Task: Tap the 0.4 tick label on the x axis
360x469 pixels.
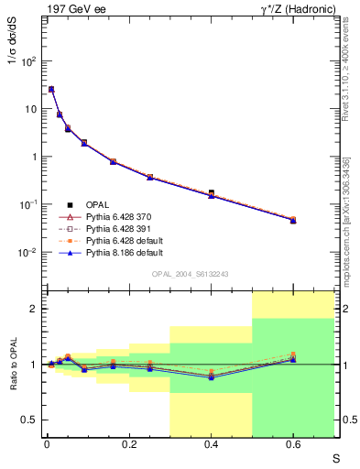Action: (x=211, y=444)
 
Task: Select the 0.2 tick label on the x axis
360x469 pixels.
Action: (x=128, y=444)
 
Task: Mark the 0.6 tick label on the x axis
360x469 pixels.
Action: (x=293, y=444)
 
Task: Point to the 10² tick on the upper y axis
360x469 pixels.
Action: (x=28, y=61)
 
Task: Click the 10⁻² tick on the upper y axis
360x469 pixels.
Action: (x=28, y=252)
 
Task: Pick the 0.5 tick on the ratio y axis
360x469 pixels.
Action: (x=30, y=420)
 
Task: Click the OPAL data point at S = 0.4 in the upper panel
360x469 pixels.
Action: (x=212, y=193)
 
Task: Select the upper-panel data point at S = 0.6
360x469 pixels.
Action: (x=293, y=220)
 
